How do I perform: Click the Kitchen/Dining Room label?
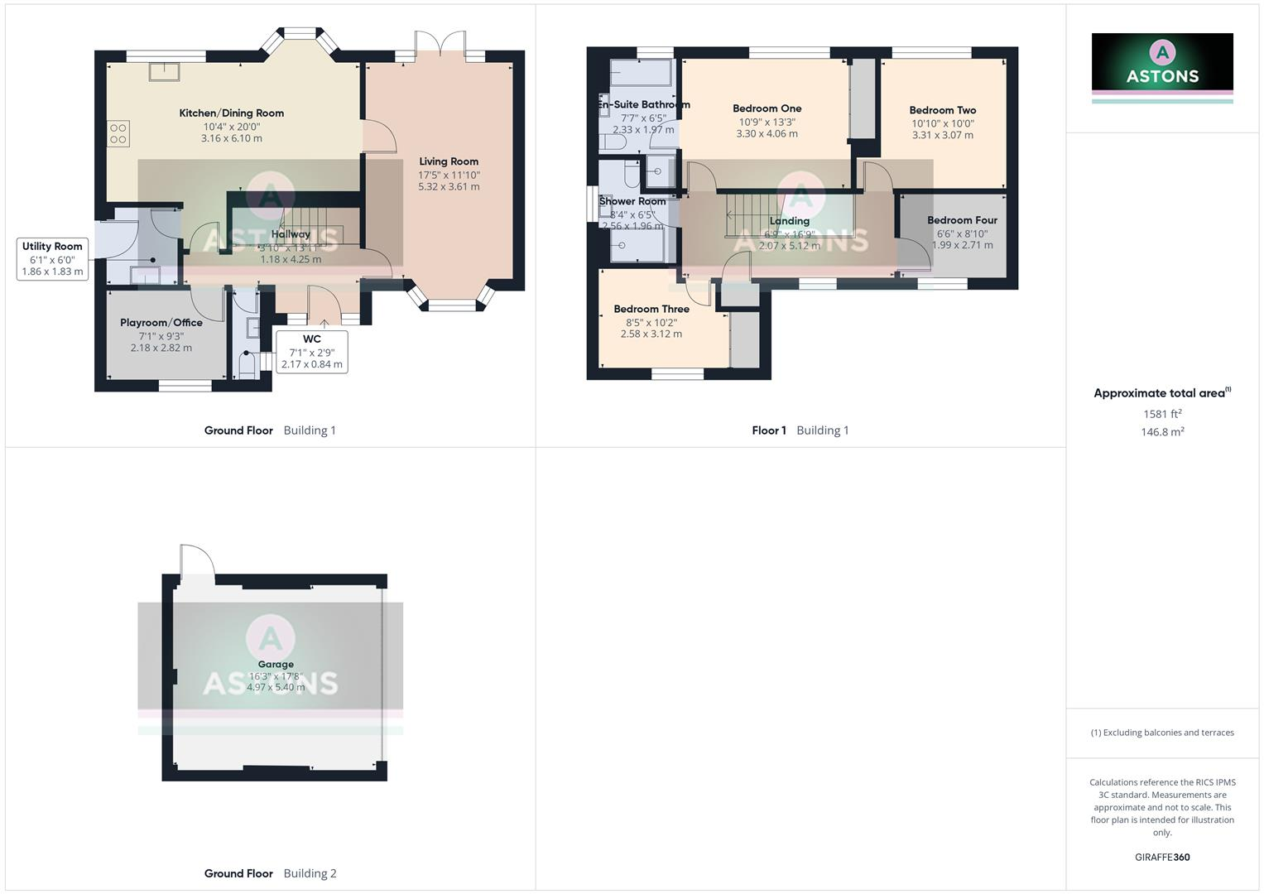click(231, 113)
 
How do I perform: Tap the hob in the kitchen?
click(118, 134)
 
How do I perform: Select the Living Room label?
click(449, 161)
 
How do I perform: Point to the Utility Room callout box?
click(52, 258)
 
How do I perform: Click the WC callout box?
click(311, 351)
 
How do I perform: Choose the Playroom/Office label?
click(161, 323)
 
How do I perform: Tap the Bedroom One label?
click(767, 108)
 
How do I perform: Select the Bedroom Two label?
click(942, 110)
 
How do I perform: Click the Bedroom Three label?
click(651, 310)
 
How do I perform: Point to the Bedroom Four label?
click(962, 220)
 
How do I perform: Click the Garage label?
click(276, 664)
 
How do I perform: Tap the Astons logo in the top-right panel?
click(1162, 62)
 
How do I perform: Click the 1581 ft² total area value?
click(1162, 414)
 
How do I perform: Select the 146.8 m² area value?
click(1162, 432)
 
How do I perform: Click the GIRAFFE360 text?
click(1162, 858)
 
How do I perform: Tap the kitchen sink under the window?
click(163, 71)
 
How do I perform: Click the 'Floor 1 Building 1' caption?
click(800, 430)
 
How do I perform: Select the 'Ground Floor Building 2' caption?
click(270, 873)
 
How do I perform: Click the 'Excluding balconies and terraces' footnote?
click(1162, 733)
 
